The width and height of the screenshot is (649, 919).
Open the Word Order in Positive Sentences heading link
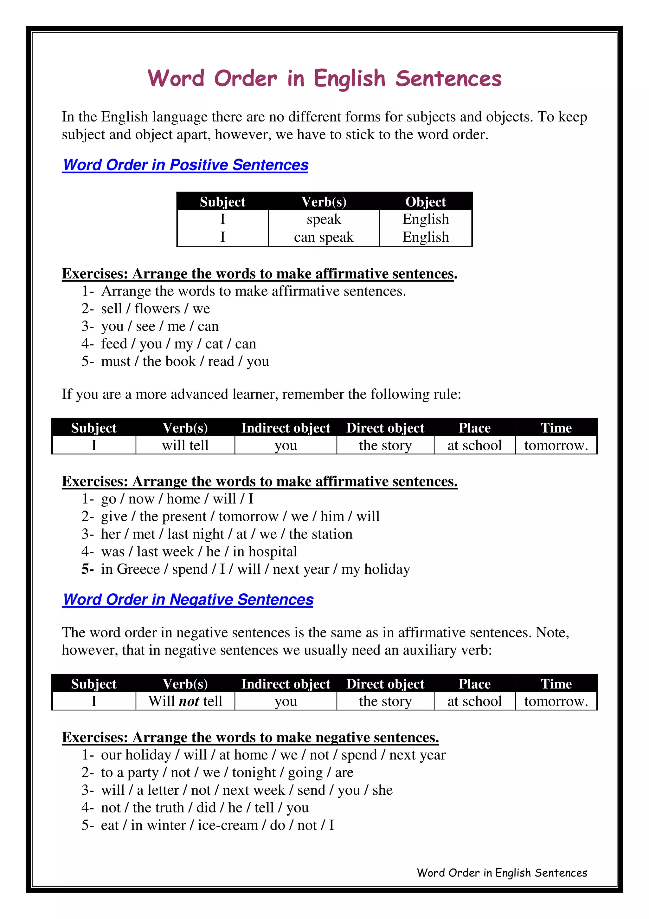(186, 165)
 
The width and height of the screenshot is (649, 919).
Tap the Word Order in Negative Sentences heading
(188, 600)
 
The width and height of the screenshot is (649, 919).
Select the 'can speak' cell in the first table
(324, 237)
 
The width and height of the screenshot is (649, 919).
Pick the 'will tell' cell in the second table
(185, 445)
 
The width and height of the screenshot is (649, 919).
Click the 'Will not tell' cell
(185, 701)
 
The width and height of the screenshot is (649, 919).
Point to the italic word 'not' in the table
(189, 701)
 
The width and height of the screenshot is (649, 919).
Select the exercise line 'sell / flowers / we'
(155, 309)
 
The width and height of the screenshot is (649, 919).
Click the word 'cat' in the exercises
(214, 344)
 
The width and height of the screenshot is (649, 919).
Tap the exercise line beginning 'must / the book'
(185, 362)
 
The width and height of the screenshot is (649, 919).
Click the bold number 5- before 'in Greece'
(87, 569)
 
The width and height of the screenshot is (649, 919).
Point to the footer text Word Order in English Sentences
(502, 873)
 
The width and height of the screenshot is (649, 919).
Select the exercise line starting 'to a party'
(227, 772)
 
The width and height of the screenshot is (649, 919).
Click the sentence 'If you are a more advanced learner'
(261, 394)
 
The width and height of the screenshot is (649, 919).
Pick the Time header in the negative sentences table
(556, 684)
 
